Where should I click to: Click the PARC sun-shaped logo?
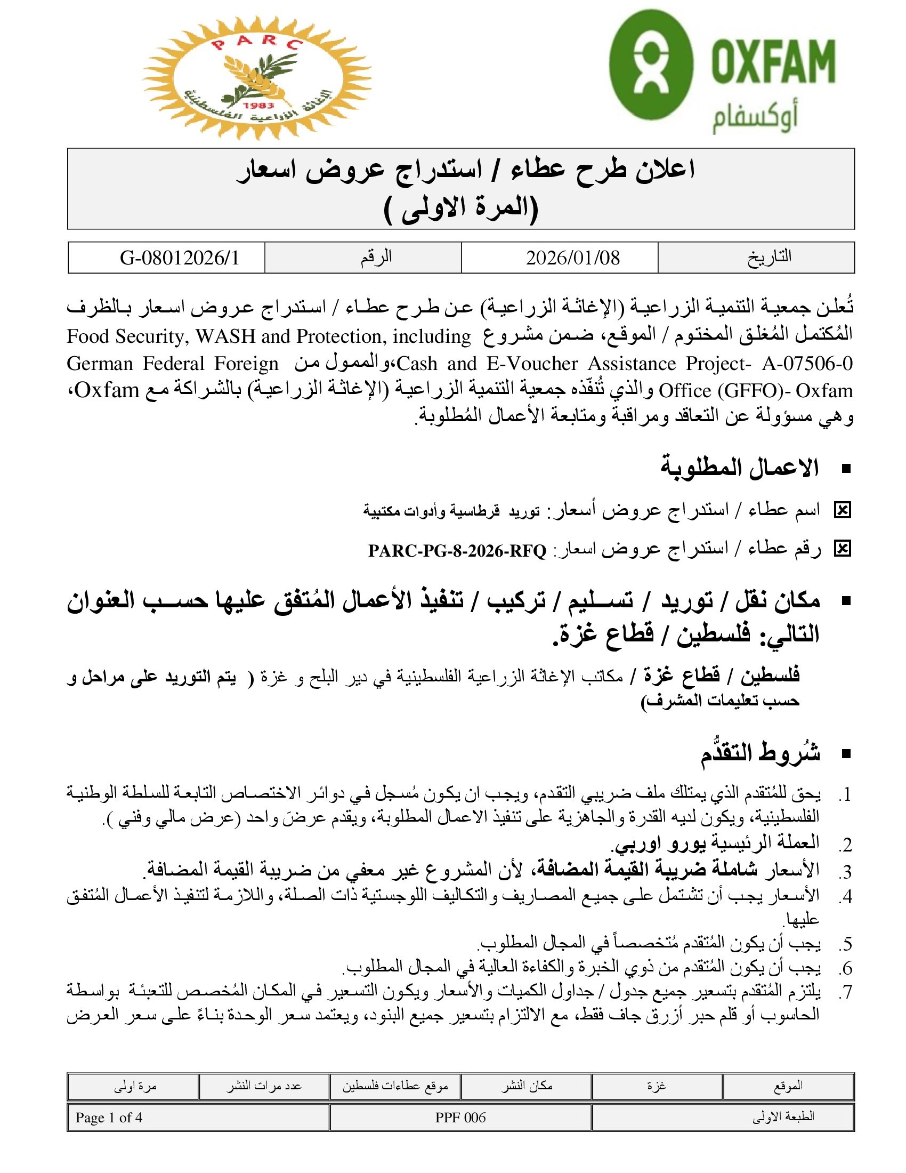tap(256, 78)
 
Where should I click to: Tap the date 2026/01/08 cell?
tap(572, 258)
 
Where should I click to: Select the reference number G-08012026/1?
tap(179, 258)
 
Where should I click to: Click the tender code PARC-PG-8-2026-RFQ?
tap(457, 551)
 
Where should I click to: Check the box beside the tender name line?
tap(842, 510)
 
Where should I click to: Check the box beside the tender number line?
tap(842, 548)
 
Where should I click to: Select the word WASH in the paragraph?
tap(225, 336)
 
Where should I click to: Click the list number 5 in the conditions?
tap(846, 944)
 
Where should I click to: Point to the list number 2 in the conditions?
tap(846, 845)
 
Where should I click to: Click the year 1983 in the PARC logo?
tap(257, 105)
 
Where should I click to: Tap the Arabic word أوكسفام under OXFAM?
tap(755, 119)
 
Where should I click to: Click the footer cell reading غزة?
tap(657, 1086)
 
